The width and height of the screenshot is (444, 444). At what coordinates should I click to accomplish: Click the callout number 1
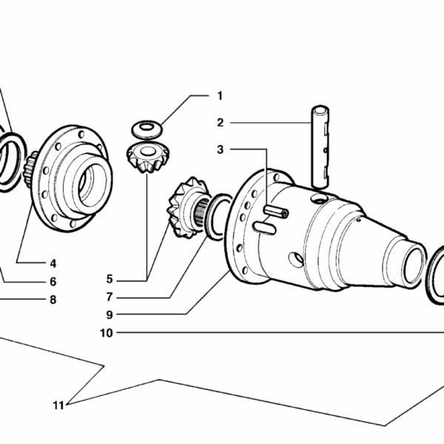coord(220,95)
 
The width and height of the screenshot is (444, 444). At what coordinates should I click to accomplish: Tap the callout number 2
coord(220,122)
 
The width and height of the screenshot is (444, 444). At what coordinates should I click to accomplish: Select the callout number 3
coord(220,149)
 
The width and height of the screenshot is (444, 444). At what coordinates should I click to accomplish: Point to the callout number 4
coord(53,263)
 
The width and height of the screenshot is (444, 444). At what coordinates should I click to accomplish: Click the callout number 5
coord(110,280)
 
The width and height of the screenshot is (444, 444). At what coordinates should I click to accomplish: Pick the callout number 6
coord(53,281)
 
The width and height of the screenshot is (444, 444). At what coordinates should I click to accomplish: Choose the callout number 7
coord(110,297)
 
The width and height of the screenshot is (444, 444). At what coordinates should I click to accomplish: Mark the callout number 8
coord(53,300)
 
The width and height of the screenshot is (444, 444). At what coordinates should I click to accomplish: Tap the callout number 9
coord(110,314)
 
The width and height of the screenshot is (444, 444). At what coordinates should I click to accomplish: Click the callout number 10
coord(107,333)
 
